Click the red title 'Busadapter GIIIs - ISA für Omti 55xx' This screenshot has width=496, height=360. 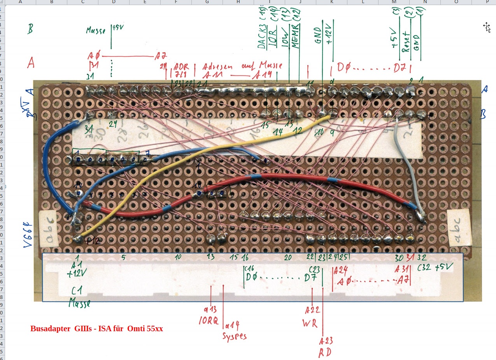pos(96,329)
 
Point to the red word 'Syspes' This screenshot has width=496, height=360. pos(234,335)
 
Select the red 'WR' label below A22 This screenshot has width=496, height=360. pos(310,323)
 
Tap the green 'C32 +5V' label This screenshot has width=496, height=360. pos(435,268)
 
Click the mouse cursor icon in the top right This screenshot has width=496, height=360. pos(486,26)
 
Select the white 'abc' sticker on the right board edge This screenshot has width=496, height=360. pos(460,230)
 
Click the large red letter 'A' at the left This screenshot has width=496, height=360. pos(30,63)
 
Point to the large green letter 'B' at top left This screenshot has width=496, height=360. pos(30,29)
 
